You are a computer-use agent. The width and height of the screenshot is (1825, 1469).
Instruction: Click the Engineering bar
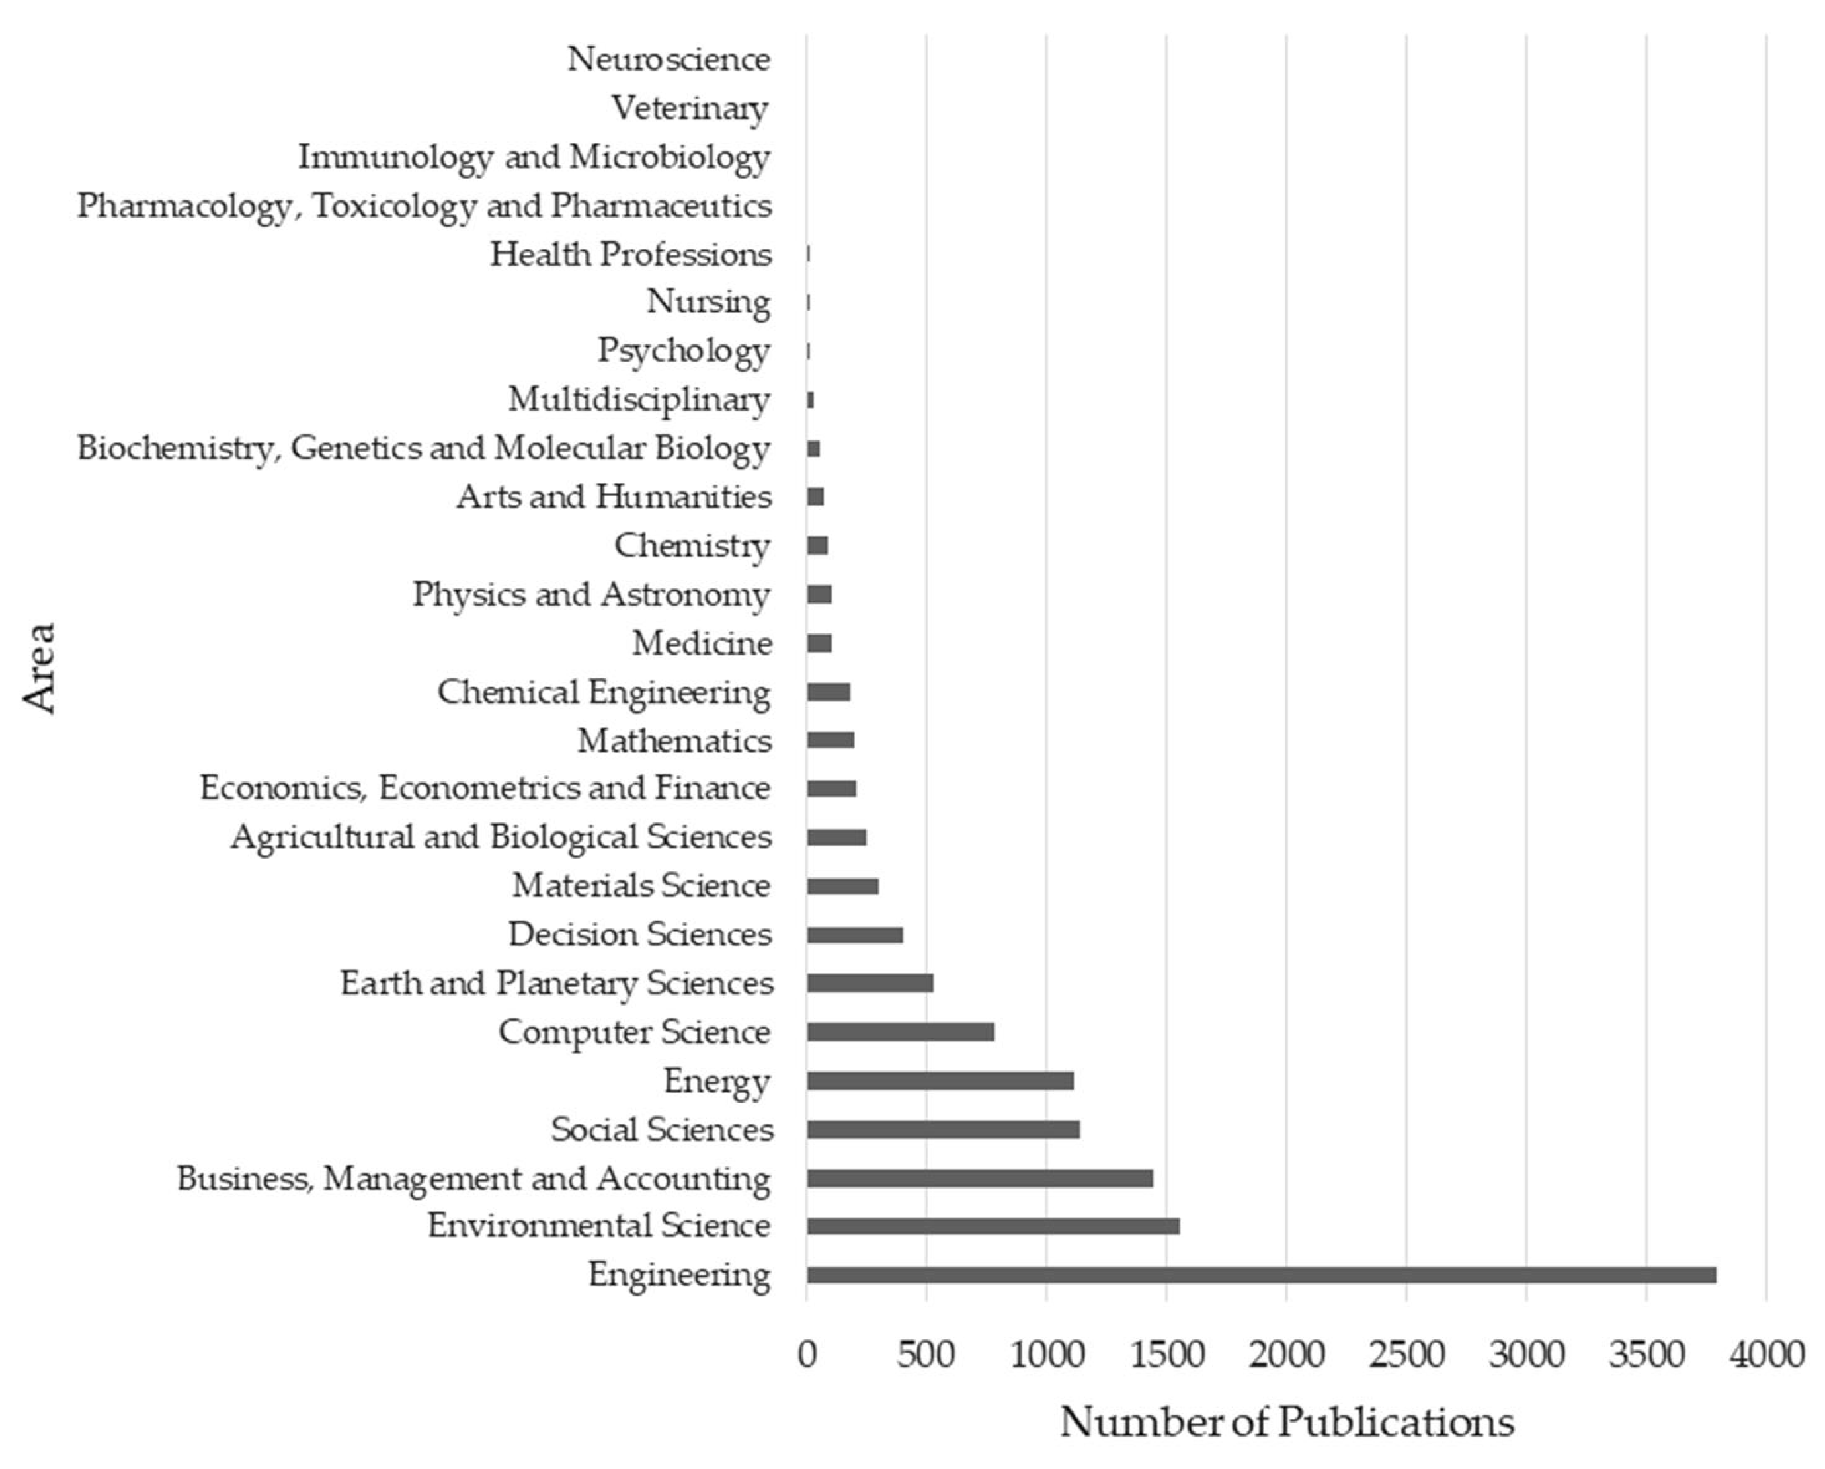click(x=1261, y=1275)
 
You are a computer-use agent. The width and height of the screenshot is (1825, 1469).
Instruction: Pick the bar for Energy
click(x=940, y=1081)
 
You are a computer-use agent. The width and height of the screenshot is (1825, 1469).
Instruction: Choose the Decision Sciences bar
click(x=854, y=935)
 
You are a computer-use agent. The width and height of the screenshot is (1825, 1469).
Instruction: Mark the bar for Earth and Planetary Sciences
click(x=870, y=983)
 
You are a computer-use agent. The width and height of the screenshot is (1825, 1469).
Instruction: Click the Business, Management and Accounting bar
click(x=979, y=1178)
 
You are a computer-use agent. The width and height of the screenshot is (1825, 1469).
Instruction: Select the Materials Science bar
click(x=842, y=886)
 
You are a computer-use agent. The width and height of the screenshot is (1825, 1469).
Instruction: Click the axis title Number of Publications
click(x=1286, y=1423)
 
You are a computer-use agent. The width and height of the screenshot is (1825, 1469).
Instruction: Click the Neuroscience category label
click(x=669, y=60)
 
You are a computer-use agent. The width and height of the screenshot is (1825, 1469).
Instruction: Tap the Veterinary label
click(x=690, y=108)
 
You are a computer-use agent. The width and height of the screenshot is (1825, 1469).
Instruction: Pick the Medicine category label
click(x=702, y=644)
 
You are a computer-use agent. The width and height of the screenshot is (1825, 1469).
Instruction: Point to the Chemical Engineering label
click(x=604, y=692)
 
